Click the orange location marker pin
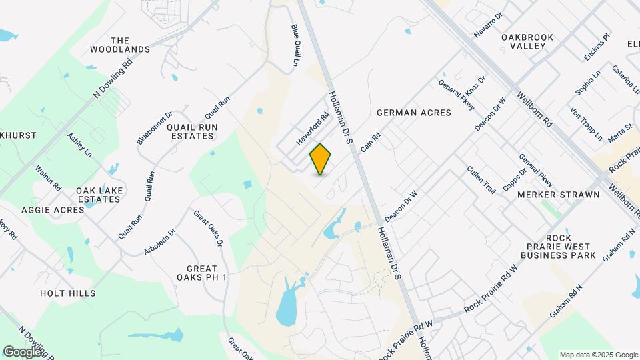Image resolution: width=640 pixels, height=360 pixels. (x=321, y=159)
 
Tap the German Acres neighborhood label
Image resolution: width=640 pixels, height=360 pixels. (x=413, y=113)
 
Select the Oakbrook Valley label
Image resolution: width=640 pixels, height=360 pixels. (x=528, y=41)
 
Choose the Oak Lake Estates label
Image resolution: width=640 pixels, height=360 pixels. (x=99, y=195)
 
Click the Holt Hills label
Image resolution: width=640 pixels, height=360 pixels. (x=67, y=293)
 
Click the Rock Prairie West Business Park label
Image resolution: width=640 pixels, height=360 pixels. (x=557, y=247)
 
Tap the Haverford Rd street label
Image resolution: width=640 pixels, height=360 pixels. (x=313, y=129)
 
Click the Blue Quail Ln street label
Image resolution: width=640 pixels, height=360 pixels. (x=295, y=45)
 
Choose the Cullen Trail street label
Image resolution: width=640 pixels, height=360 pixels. (x=481, y=180)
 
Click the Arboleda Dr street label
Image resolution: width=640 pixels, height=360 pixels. (x=159, y=242)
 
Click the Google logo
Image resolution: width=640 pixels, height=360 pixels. (x=22, y=351)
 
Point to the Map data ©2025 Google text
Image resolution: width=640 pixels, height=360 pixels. (x=598, y=355)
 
